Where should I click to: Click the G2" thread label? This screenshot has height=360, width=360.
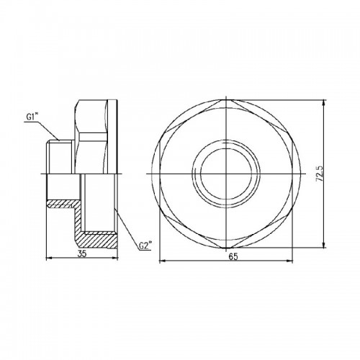pos(145,246)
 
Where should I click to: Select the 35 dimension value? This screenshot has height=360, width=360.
pos(82,254)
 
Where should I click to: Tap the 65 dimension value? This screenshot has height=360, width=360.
pos(233,256)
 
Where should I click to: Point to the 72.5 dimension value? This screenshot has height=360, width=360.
pos(320,174)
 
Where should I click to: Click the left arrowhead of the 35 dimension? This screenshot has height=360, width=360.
pos(49,258)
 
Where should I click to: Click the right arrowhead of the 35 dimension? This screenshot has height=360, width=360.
pos(115,258)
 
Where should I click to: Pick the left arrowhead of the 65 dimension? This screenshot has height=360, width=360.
pos(163,261)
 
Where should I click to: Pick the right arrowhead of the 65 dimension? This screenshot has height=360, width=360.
pos(289,261)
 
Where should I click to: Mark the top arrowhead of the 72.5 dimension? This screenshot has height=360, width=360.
pos(324,103)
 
